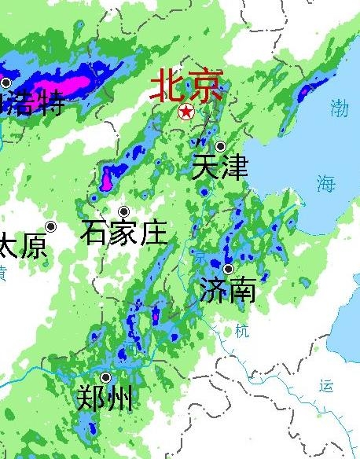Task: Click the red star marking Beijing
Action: (x=186, y=112)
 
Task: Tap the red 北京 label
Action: (x=186, y=86)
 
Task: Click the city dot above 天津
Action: (x=221, y=146)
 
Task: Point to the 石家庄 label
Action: (x=124, y=233)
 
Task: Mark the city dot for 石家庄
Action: (x=123, y=211)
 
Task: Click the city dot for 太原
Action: (x=51, y=226)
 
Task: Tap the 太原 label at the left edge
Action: (x=22, y=247)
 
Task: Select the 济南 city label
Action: (x=227, y=289)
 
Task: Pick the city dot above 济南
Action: (x=228, y=269)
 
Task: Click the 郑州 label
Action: (x=105, y=399)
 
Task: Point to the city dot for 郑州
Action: (x=105, y=377)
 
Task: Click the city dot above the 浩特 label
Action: (x=6, y=83)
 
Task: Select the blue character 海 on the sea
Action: (x=325, y=185)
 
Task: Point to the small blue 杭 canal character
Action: (x=241, y=331)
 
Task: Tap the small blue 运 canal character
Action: (x=327, y=385)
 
